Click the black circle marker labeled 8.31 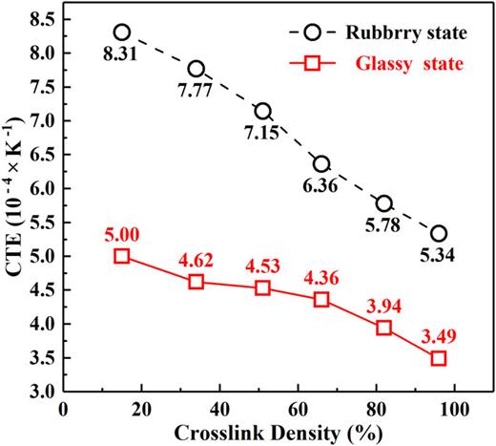point(121,32)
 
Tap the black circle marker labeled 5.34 point(439,234)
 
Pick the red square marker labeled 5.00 point(121,256)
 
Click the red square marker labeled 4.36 point(321,300)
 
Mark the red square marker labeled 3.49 point(439,358)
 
